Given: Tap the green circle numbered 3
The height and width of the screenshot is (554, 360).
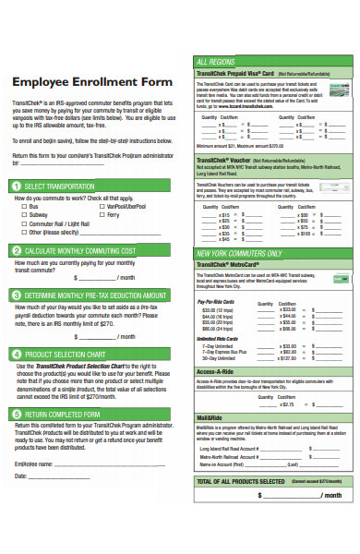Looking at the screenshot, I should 16,295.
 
